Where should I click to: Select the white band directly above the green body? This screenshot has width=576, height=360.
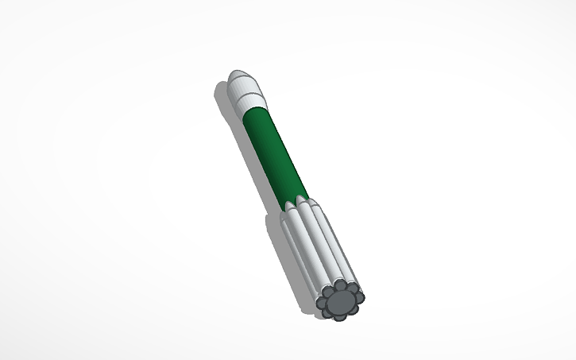[x=253, y=103]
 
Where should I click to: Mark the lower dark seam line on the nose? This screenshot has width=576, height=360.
[x=248, y=96]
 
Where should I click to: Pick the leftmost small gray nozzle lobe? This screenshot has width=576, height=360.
[x=323, y=303]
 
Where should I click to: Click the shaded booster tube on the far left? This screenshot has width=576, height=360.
[x=299, y=254]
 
